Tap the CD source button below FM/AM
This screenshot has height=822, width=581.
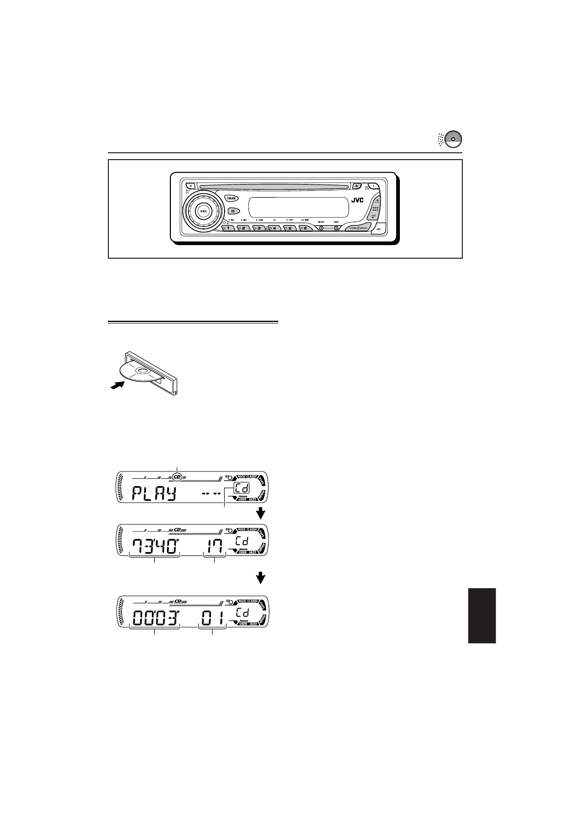[232, 211]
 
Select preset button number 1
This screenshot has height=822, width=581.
[228, 228]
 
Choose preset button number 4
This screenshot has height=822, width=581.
[274, 228]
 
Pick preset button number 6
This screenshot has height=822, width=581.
[305, 228]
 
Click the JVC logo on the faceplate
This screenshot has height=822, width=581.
[358, 200]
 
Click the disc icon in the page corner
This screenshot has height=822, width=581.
[453, 139]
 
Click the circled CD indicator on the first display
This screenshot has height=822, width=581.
[177, 474]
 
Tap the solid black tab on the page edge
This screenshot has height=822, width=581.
[482, 616]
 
